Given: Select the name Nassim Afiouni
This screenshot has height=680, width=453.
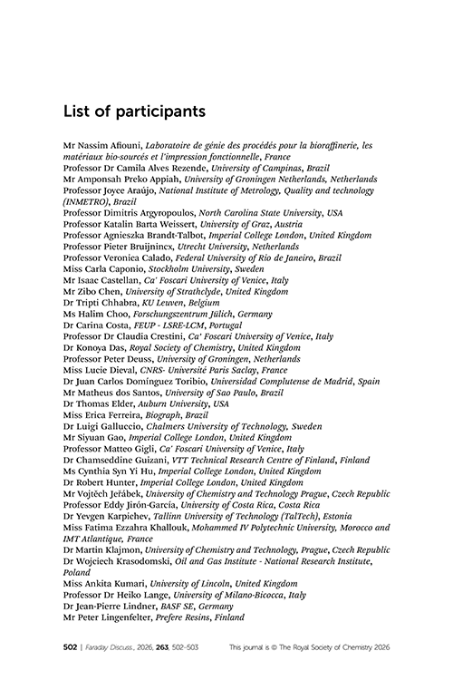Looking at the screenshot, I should click(108, 145).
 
